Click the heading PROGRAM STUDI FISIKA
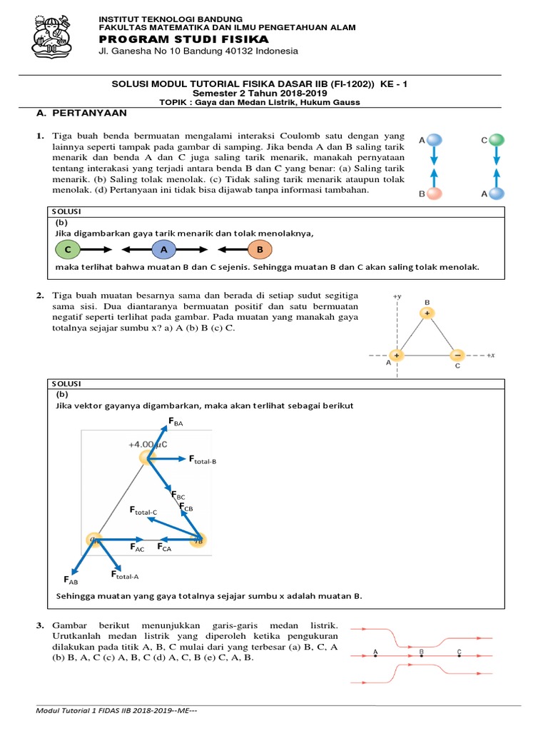[x=183, y=39]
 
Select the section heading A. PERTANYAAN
[x=81, y=113]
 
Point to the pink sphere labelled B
[x=435, y=193]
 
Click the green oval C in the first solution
[x=68, y=249]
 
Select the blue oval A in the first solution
[x=163, y=249]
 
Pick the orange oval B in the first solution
[x=260, y=249]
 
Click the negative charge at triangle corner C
[x=457, y=355]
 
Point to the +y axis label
[x=397, y=295]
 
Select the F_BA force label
[x=175, y=423]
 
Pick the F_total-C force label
[x=143, y=510]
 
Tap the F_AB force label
[x=71, y=580]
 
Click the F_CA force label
[x=164, y=548]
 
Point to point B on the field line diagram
[x=422, y=651]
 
